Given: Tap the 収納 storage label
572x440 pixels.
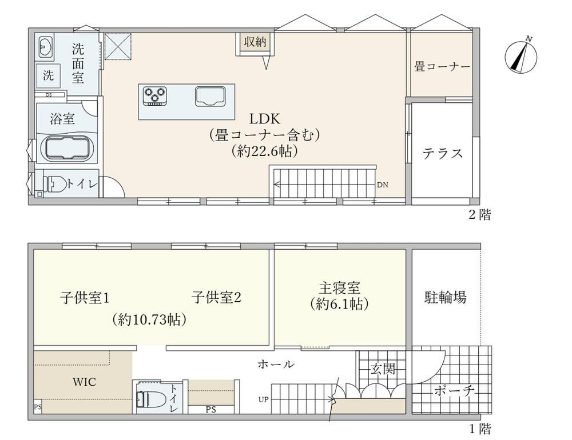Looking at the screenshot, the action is coord(255,42).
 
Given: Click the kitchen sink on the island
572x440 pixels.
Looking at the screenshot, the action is coord(210,96).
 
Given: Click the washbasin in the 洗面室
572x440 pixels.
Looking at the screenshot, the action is coord(46,47).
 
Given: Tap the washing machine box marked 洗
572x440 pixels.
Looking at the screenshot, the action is coord(48,76).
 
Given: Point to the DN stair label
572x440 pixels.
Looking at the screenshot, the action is coord(382,185).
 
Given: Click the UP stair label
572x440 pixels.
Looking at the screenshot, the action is coord(263,399).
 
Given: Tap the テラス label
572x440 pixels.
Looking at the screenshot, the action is coord(443,154).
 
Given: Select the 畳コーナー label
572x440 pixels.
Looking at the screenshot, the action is coord(442,67).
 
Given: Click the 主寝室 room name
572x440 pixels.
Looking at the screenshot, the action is coord(339,288).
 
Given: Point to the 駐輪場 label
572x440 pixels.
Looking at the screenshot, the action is coord(445,297).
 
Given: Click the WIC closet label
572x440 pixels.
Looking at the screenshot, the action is coord(84,382).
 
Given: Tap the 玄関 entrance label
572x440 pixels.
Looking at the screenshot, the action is coord(383,369).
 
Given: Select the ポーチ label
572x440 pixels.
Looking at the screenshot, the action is coord(455,391).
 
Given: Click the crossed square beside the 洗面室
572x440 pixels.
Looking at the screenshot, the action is coord(118,46).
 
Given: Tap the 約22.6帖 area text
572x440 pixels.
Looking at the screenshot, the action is coord(264,151).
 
